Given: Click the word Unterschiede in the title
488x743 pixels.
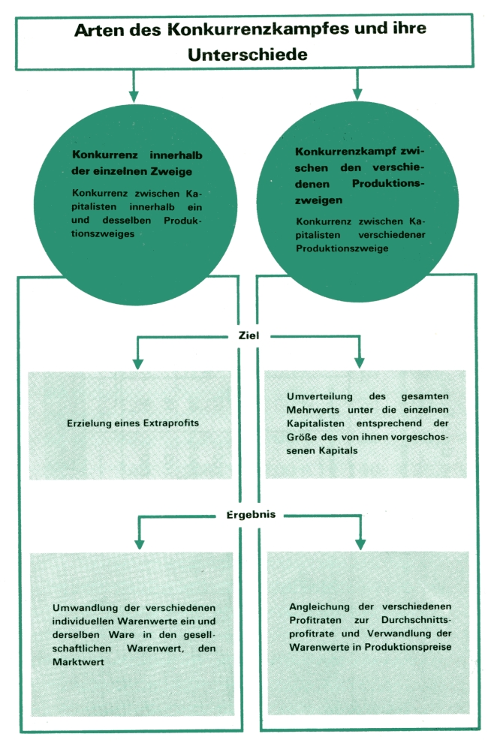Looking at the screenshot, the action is [248, 55].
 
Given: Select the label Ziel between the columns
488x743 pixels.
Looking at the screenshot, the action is [249, 335].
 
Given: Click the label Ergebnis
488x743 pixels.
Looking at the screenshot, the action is [251, 515].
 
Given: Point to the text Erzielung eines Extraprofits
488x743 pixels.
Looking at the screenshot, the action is [133, 423].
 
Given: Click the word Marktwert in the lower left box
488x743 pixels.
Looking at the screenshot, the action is [78, 662].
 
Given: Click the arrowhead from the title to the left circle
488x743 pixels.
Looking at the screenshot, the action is [134, 96].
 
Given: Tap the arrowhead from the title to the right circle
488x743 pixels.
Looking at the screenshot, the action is [357, 95].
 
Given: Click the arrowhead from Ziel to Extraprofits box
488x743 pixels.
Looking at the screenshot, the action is [138, 363].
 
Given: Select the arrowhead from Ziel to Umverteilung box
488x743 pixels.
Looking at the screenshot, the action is [360, 362].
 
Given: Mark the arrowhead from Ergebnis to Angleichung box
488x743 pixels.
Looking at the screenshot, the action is [360, 543].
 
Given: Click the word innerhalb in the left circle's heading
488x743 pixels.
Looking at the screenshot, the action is [176, 155].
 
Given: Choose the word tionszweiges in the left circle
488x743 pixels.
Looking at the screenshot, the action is [103, 234].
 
